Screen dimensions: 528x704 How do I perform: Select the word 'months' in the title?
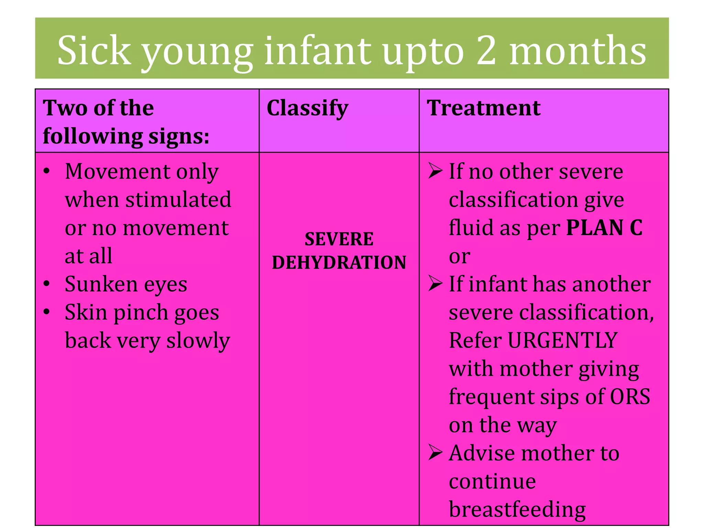coord(577,51)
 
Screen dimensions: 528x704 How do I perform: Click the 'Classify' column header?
coord(307,108)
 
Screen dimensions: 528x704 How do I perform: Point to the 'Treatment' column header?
coord(483,108)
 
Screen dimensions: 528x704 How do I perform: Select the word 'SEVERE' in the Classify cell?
coord(339,239)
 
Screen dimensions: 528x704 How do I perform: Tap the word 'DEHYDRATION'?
coord(339,262)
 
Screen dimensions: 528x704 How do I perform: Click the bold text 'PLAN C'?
coord(604,228)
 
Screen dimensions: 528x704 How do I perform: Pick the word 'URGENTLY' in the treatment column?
coord(562,340)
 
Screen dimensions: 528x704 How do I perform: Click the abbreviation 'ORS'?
coord(630,397)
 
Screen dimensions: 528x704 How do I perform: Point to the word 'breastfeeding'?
coord(517,509)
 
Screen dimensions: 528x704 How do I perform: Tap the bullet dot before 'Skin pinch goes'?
coord(47,312)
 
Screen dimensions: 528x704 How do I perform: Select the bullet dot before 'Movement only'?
coord(47,171)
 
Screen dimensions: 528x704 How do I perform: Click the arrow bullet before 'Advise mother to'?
coord(435,452)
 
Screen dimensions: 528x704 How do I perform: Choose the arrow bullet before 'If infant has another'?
coord(435,284)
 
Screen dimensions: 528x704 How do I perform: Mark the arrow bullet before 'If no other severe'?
coord(435,171)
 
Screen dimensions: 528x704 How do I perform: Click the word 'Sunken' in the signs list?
coord(101,284)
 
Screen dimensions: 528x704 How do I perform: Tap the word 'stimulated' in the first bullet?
coord(178,200)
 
